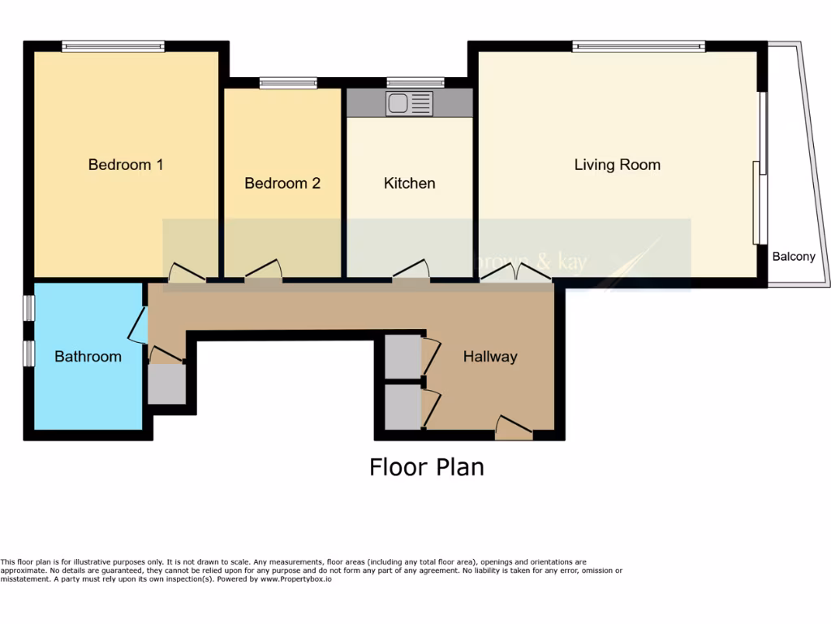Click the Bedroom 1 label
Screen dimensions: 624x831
click(x=126, y=165)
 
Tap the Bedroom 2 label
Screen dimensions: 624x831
click(x=282, y=184)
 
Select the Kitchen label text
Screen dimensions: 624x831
click(x=409, y=184)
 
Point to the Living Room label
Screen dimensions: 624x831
click(x=617, y=165)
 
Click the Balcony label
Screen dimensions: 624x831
click(x=794, y=257)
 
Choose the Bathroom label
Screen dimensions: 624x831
click(x=88, y=357)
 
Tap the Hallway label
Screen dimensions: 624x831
click(x=489, y=357)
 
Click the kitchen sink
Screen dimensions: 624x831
click(x=409, y=103)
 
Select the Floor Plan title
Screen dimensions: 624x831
click(x=426, y=467)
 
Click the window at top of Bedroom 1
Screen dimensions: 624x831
click(x=114, y=46)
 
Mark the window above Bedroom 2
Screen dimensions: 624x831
click(x=288, y=82)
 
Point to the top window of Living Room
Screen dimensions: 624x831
click(x=638, y=46)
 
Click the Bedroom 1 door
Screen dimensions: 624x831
click(x=187, y=274)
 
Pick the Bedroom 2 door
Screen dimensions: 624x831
click(x=264, y=271)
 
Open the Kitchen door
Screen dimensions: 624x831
click(x=411, y=271)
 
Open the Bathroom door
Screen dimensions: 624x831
click(x=138, y=324)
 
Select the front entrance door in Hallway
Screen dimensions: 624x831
click(x=514, y=427)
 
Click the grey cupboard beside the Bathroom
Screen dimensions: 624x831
click(x=166, y=383)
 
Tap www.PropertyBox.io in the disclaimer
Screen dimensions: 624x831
click(x=296, y=579)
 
